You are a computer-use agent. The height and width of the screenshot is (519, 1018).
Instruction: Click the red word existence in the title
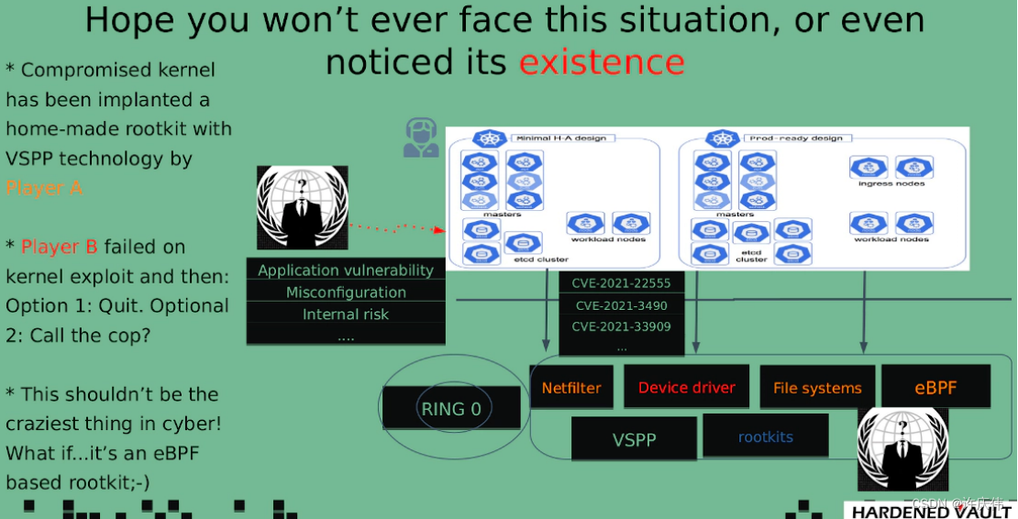602,62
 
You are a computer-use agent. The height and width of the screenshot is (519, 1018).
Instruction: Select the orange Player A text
44,188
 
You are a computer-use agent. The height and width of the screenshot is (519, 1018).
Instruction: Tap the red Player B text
60,247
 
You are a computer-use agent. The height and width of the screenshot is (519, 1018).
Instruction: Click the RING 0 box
450,409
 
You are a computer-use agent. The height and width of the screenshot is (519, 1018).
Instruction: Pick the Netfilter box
571,388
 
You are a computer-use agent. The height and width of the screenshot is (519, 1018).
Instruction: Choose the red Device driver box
686,387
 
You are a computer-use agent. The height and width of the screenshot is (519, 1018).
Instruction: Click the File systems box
817,388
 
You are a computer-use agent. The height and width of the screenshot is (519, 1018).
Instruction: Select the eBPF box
935,387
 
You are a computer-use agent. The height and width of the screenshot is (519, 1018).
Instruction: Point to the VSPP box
634,439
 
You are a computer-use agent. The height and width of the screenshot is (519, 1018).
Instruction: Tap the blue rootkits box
765,436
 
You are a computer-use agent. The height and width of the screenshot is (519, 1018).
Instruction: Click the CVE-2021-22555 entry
621,283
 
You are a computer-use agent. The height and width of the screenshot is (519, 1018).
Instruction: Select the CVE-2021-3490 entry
621,305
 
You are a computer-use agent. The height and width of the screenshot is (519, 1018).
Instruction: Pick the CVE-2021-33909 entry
621,326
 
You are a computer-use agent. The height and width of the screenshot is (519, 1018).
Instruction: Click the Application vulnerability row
346,271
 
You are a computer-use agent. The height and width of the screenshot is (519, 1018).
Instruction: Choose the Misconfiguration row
346,293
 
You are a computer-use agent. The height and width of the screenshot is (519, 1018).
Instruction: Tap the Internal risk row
346,315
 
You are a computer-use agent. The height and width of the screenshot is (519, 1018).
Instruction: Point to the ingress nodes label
891,183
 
